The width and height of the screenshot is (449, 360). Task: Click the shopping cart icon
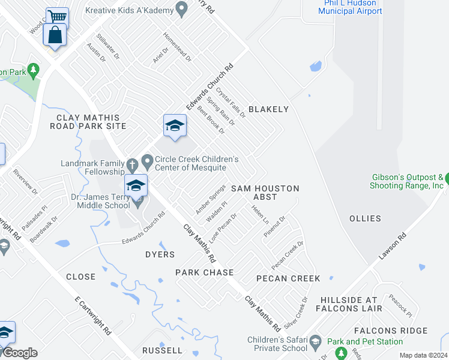[x=58, y=16]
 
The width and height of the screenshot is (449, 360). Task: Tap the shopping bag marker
[x=55, y=35]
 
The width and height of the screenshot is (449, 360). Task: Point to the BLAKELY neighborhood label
[x=268, y=109]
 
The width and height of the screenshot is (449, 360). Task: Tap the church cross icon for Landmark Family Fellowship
[x=132, y=164]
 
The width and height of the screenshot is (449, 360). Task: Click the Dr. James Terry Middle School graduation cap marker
[x=136, y=186]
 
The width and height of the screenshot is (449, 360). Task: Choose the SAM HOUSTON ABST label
[x=265, y=193]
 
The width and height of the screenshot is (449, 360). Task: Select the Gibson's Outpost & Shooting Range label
[x=408, y=181]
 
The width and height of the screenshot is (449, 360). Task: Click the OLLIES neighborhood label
[x=365, y=218]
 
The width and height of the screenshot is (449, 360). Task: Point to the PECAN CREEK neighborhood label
[x=288, y=278]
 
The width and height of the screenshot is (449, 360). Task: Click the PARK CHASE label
[x=204, y=272]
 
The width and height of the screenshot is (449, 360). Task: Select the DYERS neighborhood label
[x=160, y=254]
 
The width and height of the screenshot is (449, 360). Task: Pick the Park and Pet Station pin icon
[x=333, y=341]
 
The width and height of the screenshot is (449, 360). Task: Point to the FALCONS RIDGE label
[x=390, y=331]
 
